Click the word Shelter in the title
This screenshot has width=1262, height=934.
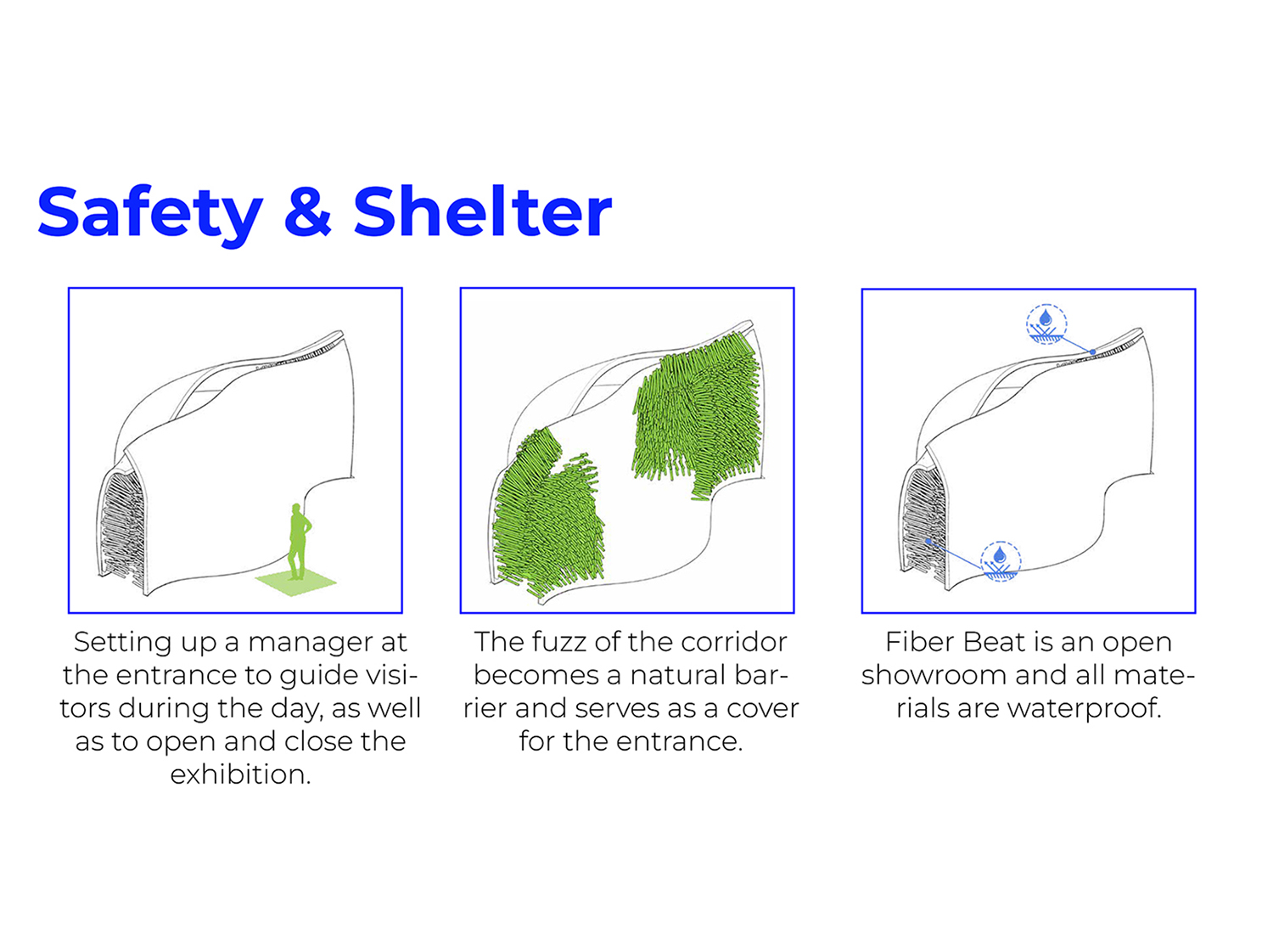pos(482,211)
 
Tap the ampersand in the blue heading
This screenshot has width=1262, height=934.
pos(307,211)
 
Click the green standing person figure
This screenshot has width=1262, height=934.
pos(299,542)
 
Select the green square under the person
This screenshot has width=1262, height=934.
pos(295,582)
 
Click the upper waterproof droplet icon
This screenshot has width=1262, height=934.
pos(1046,324)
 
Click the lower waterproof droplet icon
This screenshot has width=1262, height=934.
pos(1001,561)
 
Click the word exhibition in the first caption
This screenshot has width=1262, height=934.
pos(240,774)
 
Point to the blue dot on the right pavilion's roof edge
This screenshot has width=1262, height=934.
pos(1092,352)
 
